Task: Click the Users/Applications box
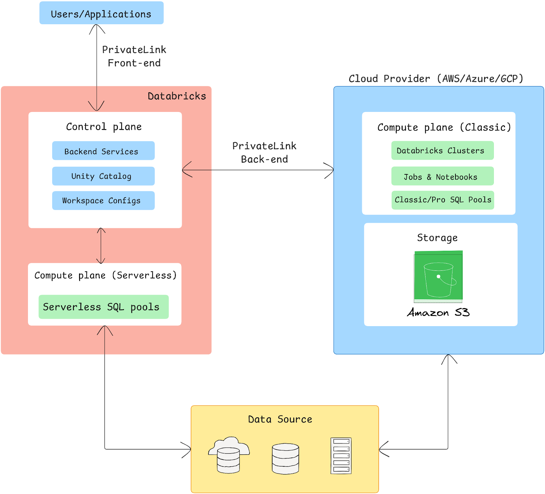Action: tap(101, 13)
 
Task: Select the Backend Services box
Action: tap(103, 151)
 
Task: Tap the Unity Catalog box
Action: tap(103, 176)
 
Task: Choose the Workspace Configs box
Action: tap(103, 201)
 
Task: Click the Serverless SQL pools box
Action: tap(103, 307)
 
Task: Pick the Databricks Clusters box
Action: tap(442, 150)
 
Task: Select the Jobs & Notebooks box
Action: tap(442, 176)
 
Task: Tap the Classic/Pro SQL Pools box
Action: tap(442, 200)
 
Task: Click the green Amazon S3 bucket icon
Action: tap(438, 277)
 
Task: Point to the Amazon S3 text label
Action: tap(438, 313)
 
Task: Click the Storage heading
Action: tap(437, 238)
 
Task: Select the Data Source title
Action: tap(280, 419)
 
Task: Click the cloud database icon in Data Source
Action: tap(229, 455)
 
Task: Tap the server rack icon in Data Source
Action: tap(341, 456)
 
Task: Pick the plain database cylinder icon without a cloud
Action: tap(285, 459)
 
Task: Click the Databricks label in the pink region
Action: tap(177, 96)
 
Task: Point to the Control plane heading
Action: tap(104, 127)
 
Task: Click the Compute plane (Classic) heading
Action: tap(444, 127)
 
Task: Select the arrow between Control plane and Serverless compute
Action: tap(101, 246)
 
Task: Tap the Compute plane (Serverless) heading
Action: tap(106, 275)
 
